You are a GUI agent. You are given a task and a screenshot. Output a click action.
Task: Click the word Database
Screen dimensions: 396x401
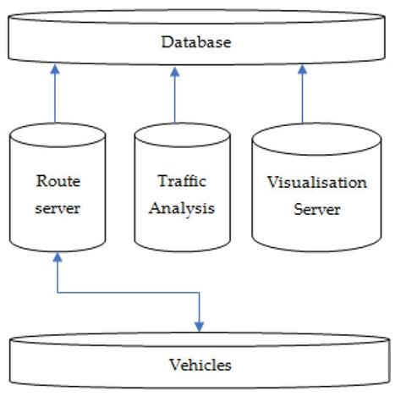tap(197, 41)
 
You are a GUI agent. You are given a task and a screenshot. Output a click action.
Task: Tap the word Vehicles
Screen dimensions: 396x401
tap(200, 366)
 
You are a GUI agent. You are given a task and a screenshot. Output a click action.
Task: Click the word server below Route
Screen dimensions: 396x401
tap(58, 207)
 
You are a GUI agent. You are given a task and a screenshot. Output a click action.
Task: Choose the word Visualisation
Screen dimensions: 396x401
tap(316, 182)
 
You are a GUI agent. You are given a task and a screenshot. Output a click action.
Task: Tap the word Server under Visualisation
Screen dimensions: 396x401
tap(316, 208)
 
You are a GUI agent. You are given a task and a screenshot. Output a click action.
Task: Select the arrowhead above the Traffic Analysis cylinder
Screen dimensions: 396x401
tap(175, 72)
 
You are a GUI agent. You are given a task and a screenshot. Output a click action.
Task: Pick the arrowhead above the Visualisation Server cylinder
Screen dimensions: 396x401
tap(301, 72)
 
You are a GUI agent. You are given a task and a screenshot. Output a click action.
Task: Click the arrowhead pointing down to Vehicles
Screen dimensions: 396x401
tap(200, 326)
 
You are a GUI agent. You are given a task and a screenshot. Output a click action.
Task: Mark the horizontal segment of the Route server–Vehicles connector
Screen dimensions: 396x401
tap(127, 293)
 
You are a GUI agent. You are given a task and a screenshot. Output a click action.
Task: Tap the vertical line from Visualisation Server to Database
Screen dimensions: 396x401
tap(301, 102)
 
